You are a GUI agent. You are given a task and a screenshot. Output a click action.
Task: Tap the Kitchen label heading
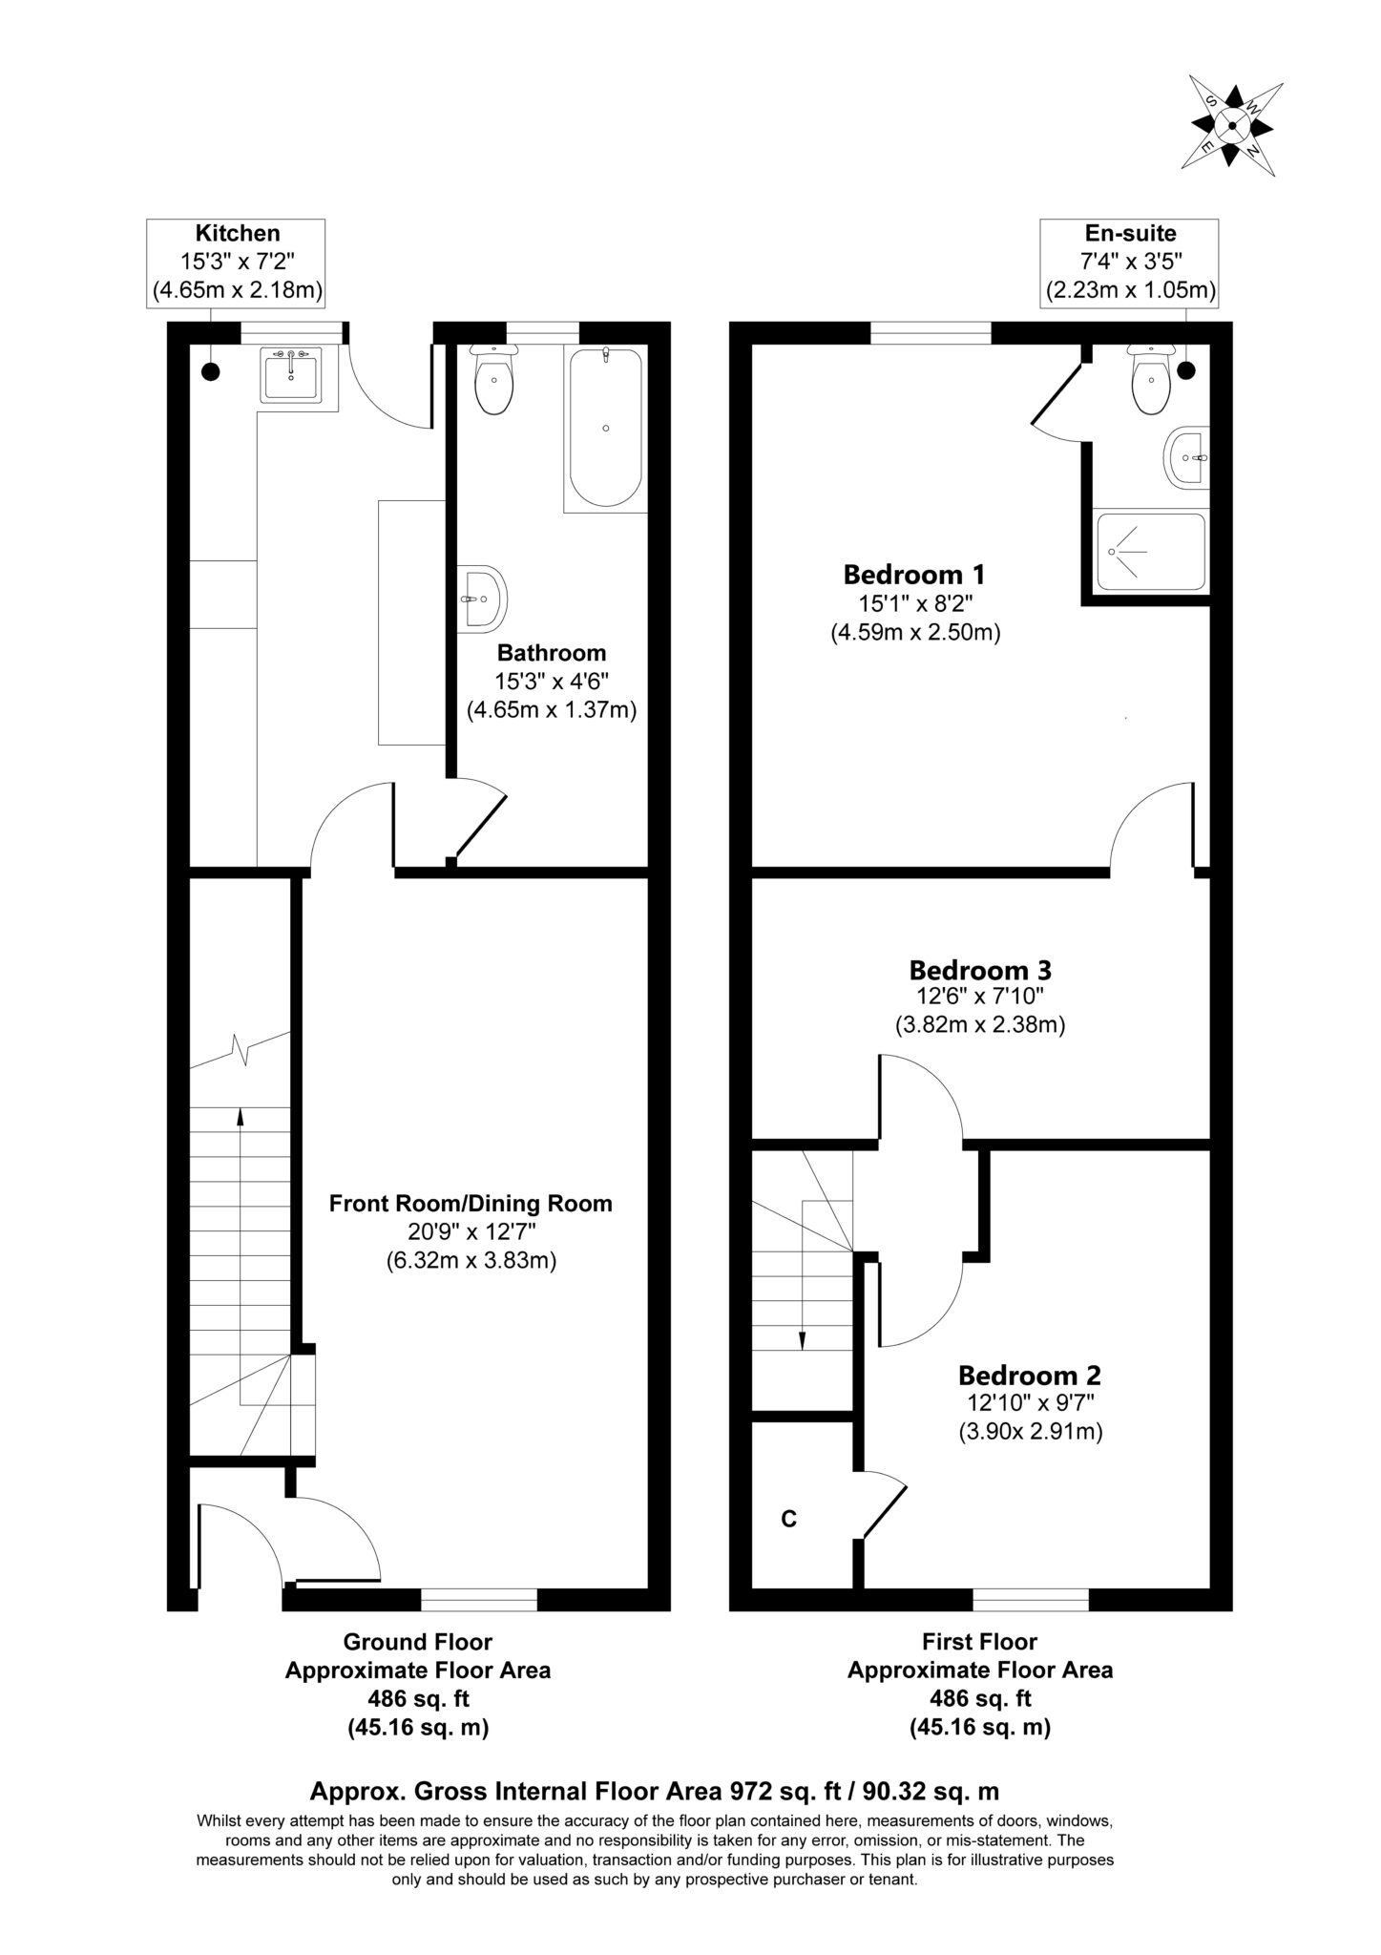pyautogui.click(x=238, y=233)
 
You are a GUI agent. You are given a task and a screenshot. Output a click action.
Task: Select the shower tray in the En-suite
pyautogui.click(x=1151, y=552)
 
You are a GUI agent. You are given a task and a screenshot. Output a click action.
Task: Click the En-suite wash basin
pyautogui.click(x=1187, y=457)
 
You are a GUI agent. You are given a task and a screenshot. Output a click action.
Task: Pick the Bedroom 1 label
pyautogui.click(x=914, y=575)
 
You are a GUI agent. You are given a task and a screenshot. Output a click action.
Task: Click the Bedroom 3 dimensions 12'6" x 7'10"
pyautogui.click(x=980, y=998)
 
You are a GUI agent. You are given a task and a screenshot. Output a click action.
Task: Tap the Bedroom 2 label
pyautogui.click(x=1030, y=1376)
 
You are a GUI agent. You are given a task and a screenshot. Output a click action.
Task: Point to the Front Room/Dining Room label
pyautogui.click(x=471, y=1203)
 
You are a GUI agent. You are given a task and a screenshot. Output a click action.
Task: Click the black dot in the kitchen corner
pyautogui.click(x=210, y=371)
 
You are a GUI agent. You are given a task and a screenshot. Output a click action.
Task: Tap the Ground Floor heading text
pyautogui.click(x=418, y=1642)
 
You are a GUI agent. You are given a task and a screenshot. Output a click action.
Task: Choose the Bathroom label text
pyautogui.click(x=552, y=653)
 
